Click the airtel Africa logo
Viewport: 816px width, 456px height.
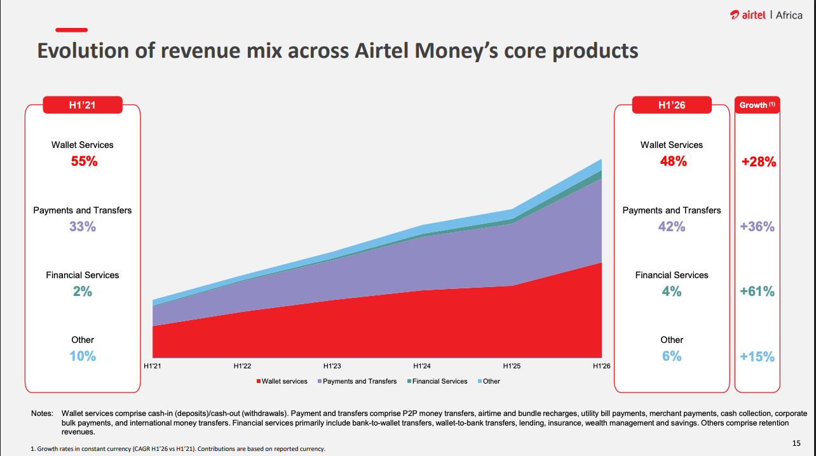click(x=766, y=15)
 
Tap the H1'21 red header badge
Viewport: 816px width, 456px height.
click(x=82, y=105)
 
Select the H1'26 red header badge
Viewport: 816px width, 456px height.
click(x=671, y=105)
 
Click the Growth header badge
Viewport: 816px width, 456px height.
click(x=757, y=105)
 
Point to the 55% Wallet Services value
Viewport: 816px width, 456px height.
click(x=83, y=161)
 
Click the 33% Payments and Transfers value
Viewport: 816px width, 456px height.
click(x=83, y=226)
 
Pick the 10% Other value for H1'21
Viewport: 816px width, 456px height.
click(x=83, y=356)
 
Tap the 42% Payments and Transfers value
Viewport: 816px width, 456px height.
click(x=672, y=226)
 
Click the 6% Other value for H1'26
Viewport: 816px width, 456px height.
click(x=672, y=356)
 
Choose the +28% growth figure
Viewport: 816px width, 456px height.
click(x=758, y=162)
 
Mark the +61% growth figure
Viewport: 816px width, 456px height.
click(x=758, y=292)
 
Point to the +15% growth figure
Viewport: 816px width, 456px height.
click(x=758, y=357)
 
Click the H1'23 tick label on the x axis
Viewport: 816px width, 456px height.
click(x=332, y=366)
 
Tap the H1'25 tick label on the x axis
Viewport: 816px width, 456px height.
click(x=512, y=366)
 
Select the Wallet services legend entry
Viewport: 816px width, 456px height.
click(x=282, y=381)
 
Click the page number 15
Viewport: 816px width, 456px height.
click(x=796, y=443)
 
